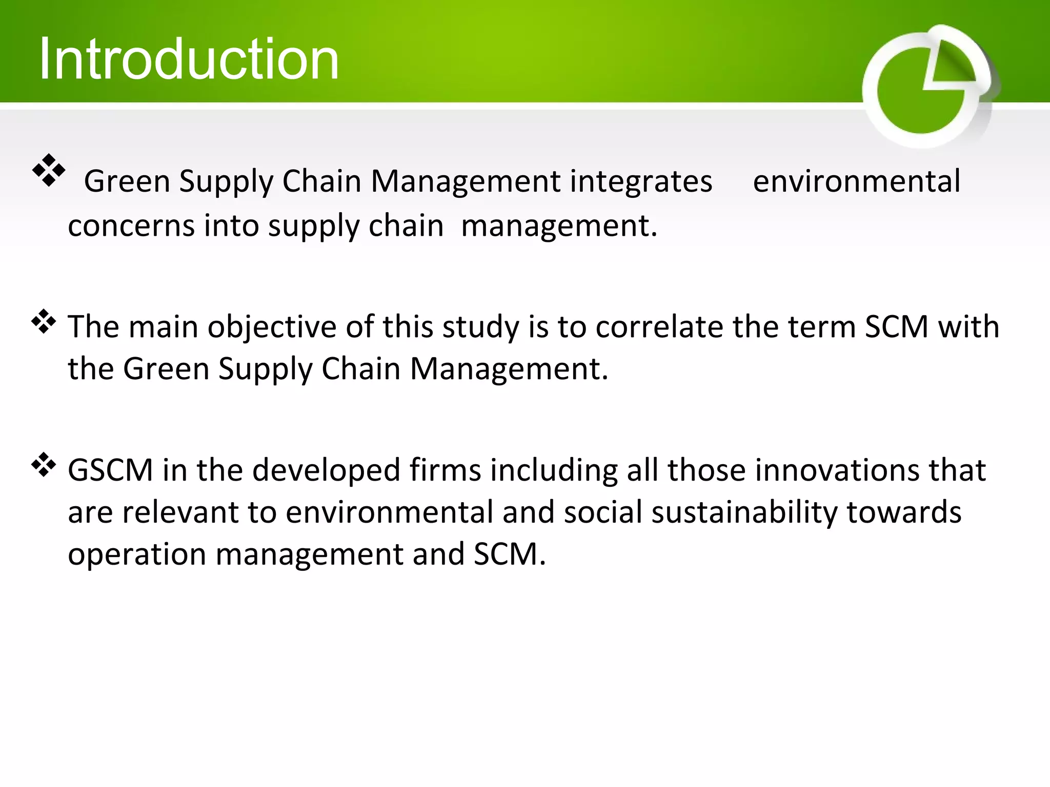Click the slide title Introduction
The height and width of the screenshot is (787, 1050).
coord(189,59)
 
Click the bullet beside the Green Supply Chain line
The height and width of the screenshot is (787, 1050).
coord(49,170)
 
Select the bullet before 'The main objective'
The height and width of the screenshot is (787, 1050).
coord(44,321)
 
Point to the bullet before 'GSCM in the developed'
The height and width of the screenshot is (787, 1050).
coord(44,465)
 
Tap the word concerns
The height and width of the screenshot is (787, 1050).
coord(131,226)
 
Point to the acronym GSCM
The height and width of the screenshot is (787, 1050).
coord(110,470)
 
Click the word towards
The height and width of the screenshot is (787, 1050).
coord(903,512)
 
